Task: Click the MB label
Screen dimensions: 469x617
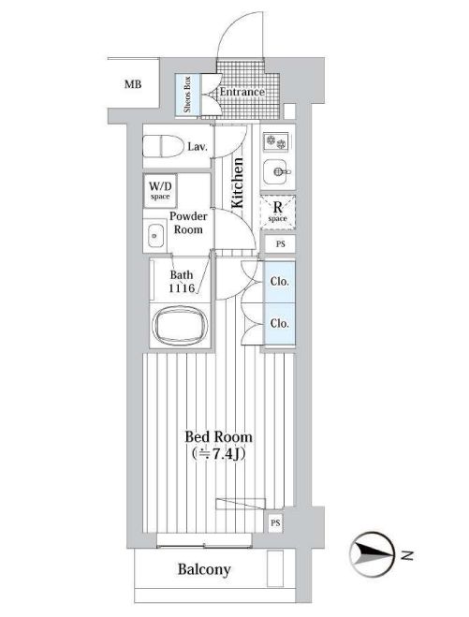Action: pos(133,84)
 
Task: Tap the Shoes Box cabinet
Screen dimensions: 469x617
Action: pos(188,95)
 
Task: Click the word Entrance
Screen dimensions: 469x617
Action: pos(242,92)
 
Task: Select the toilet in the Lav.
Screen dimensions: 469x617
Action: pos(163,146)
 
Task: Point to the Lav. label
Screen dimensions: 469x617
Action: pos(198,147)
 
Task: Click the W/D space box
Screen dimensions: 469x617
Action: pos(160,191)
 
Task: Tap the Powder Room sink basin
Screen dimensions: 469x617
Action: pos(155,235)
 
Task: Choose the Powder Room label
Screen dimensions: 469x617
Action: pos(188,223)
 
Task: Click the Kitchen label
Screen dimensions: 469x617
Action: pos(237,183)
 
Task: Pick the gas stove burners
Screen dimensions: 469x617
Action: pos(276,141)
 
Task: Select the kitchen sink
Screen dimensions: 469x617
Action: pos(277,171)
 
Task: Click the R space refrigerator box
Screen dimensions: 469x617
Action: pos(278,212)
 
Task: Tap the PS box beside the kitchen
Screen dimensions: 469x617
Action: pos(280,244)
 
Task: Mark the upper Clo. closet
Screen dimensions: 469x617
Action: pos(280,282)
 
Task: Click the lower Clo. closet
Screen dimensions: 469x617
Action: pos(280,324)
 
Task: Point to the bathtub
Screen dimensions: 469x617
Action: pos(180,326)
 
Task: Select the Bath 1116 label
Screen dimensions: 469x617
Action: pos(182,282)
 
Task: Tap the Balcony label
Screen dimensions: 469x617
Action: pos(204,569)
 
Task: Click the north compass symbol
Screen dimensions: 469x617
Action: pos(372,555)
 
